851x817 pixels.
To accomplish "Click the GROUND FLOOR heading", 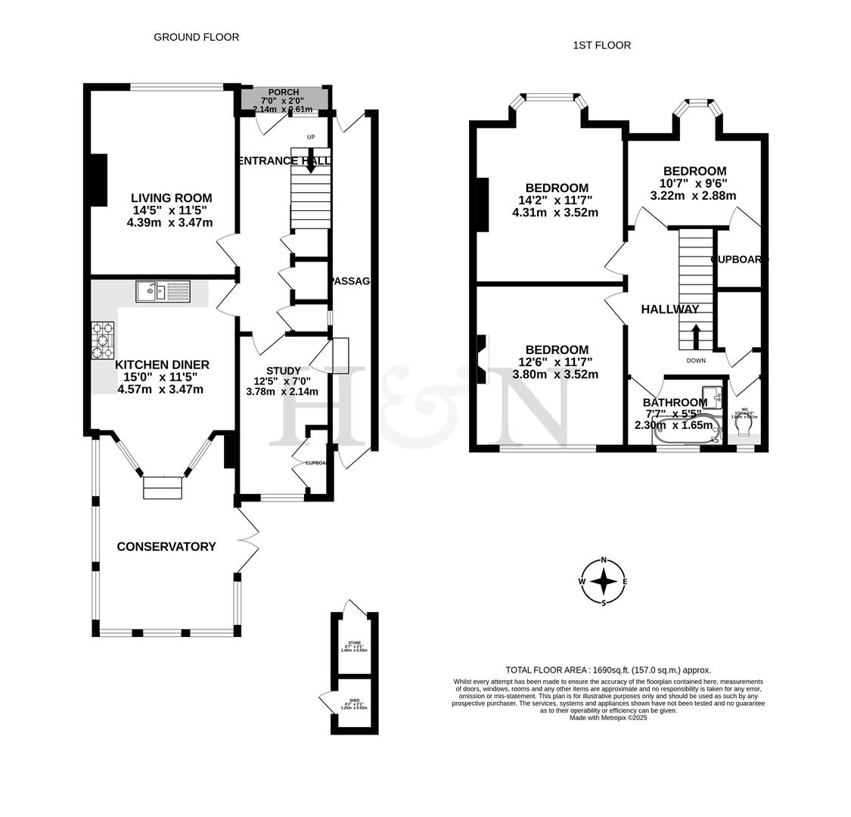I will pyautogui.click(x=196, y=37).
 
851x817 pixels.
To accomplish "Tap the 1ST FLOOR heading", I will pyautogui.click(x=601, y=45).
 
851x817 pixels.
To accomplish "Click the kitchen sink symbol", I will pyautogui.click(x=163, y=291).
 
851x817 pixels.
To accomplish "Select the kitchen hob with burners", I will pyautogui.click(x=103, y=340).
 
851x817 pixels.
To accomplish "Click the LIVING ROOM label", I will pyautogui.click(x=171, y=198).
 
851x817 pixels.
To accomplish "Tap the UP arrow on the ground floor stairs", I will pyautogui.click(x=311, y=160).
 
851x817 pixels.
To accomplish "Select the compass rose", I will pyautogui.click(x=604, y=582).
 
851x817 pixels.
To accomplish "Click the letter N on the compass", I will pyautogui.click(x=604, y=560).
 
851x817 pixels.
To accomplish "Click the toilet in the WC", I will pyautogui.click(x=743, y=429).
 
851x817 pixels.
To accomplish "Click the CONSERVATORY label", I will pyautogui.click(x=166, y=546).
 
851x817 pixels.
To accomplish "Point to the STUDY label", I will pyautogui.click(x=283, y=371).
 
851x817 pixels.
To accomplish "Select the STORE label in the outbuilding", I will pyautogui.click(x=354, y=642).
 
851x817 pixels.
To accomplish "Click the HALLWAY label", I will pyautogui.click(x=670, y=309).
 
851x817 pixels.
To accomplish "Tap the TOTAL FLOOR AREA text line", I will pyautogui.click(x=608, y=669).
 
